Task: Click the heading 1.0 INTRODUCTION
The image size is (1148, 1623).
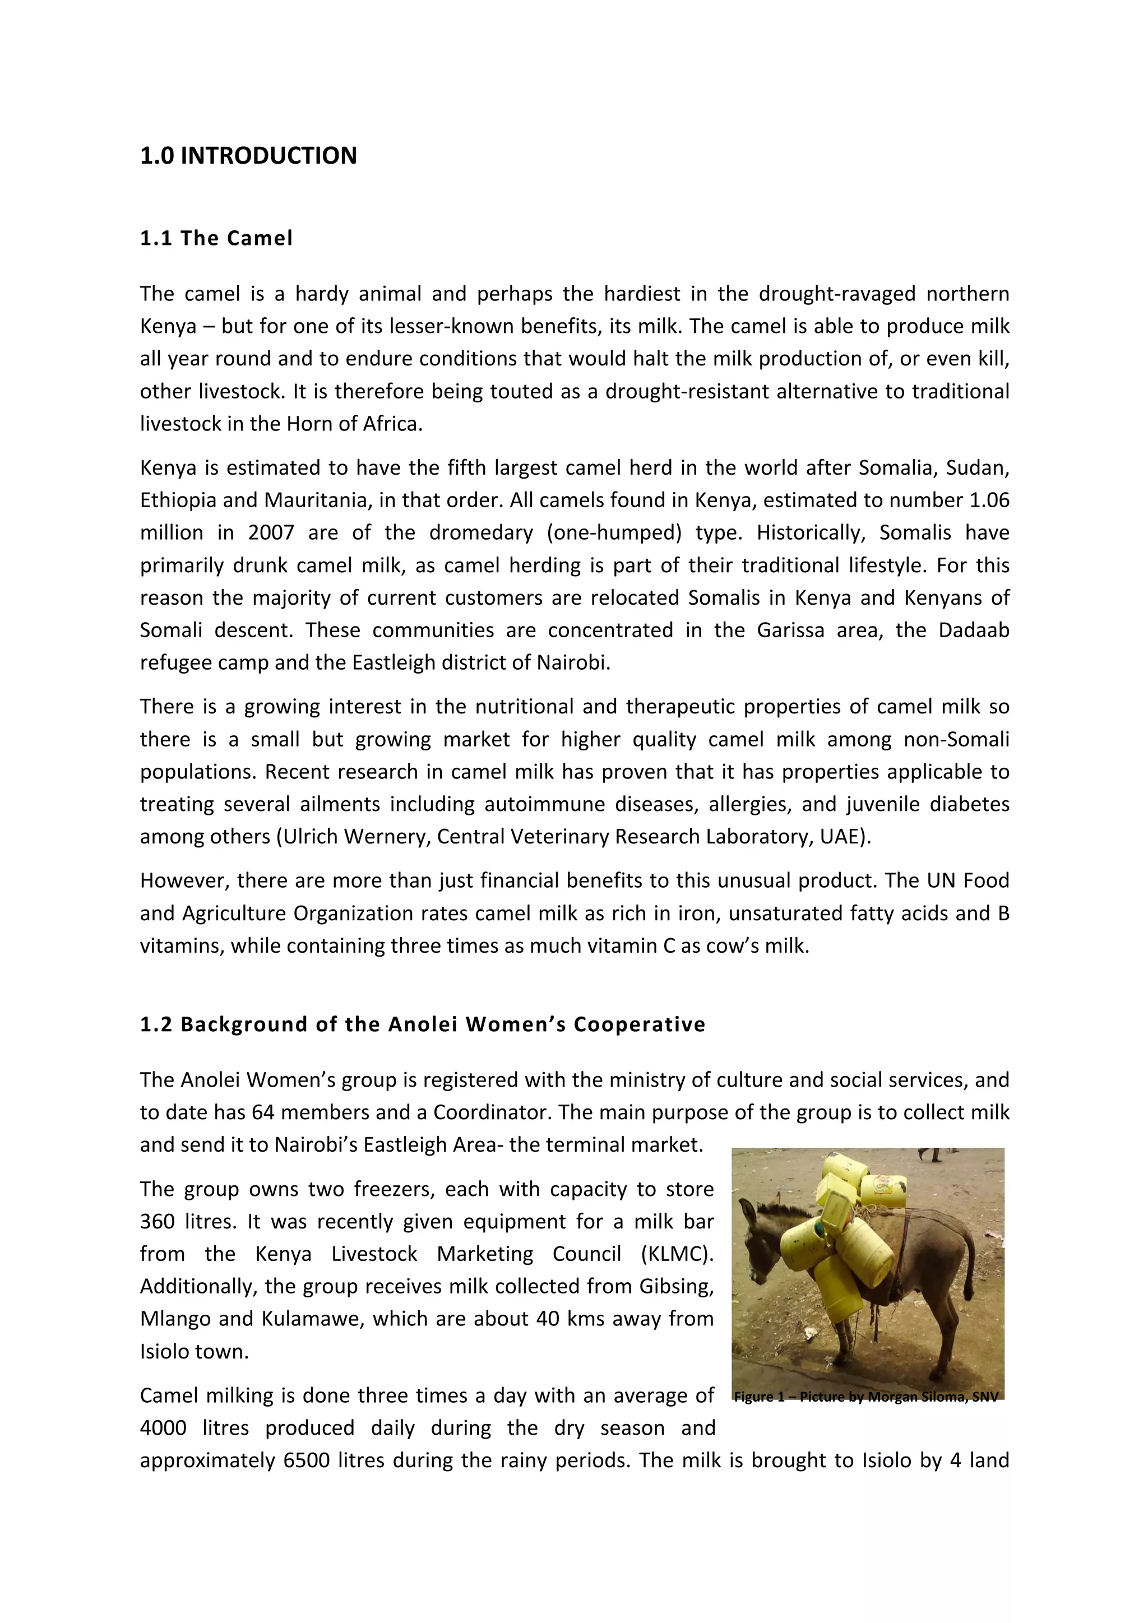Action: click(x=248, y=155)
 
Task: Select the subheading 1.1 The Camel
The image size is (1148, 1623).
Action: click(x=216, y=238)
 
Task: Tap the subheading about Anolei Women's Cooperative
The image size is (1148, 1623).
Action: click(x=422, y=1024)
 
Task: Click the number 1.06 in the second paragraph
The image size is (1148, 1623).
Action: click(x=989, y=500)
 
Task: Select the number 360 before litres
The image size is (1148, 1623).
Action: click(x=157, y=1222)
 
